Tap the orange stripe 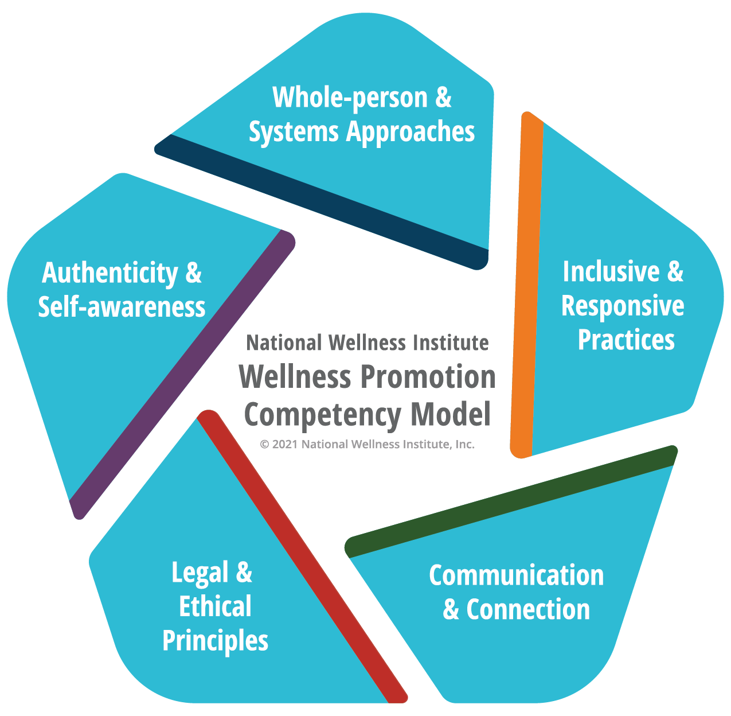tap(527, 285)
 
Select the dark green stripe tap(510, 502)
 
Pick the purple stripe tap(182, 374)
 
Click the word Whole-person tap(350, 98)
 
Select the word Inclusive tap(611, 271)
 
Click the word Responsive tap(623, 306)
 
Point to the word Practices tap(626, 339)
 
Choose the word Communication tap(517, 575)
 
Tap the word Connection tap(528, 609)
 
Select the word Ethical tap(215, 606)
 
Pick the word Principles tap(215, 641)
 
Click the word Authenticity tap(110, 273)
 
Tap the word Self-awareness tap(122, 307)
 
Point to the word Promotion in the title tap(428, 377)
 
